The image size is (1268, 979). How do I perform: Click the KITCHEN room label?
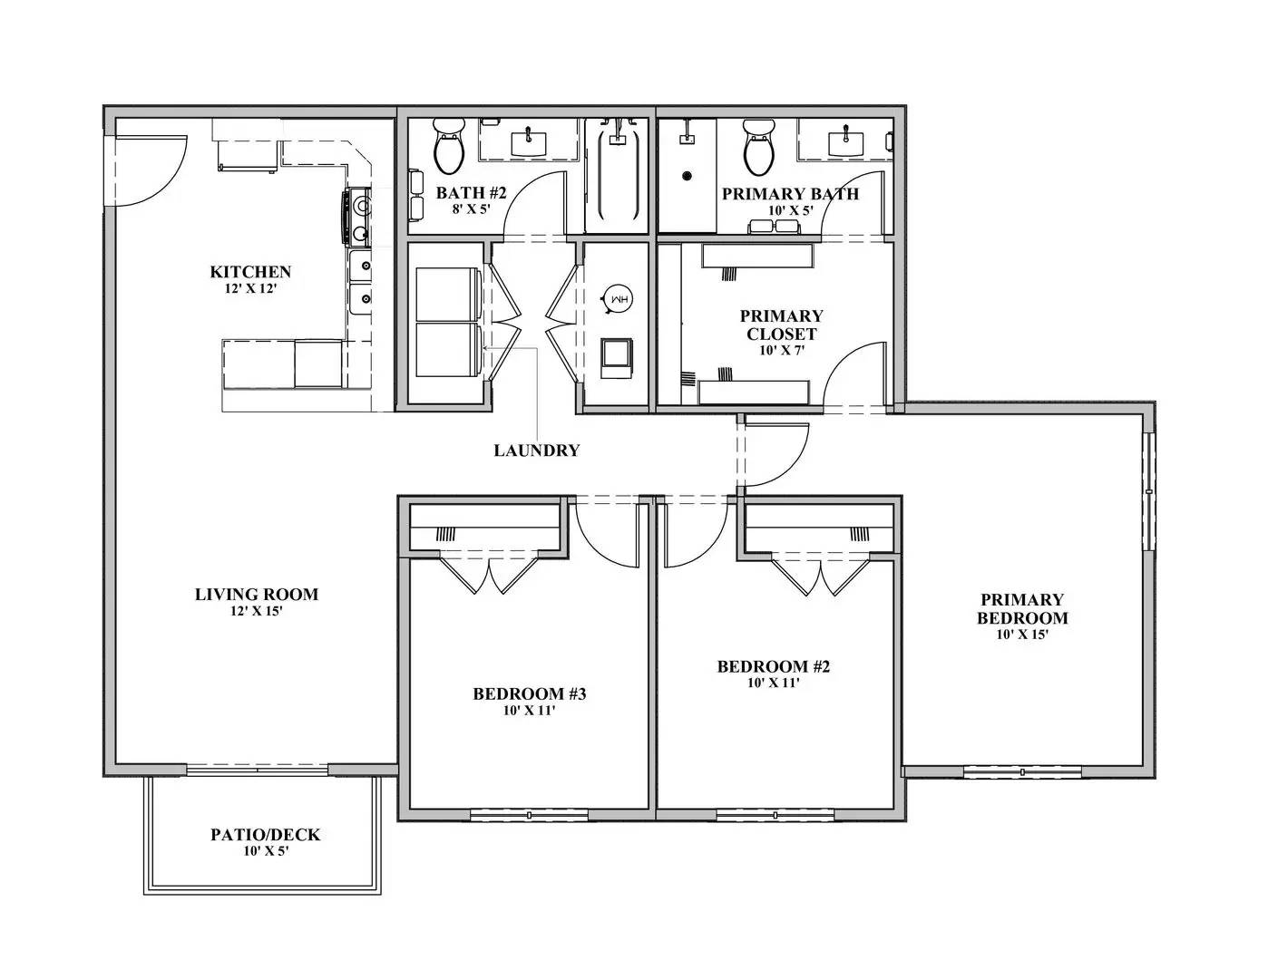250,272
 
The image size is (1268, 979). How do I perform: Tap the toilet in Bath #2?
448,147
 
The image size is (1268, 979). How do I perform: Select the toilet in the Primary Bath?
758,147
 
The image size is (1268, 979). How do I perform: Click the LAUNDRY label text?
536,451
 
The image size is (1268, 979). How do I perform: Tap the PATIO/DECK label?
266,835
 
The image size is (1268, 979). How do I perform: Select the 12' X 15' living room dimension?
257,612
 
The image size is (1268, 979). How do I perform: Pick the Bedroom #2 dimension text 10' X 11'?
773,683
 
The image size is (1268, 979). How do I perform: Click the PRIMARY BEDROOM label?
1022,608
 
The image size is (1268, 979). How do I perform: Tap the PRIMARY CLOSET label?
781,325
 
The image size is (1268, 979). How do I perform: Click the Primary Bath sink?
844,140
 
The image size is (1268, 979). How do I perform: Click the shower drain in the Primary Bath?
687,175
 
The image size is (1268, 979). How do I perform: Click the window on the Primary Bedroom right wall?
1148,490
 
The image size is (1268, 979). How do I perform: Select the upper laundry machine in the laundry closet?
448,295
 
